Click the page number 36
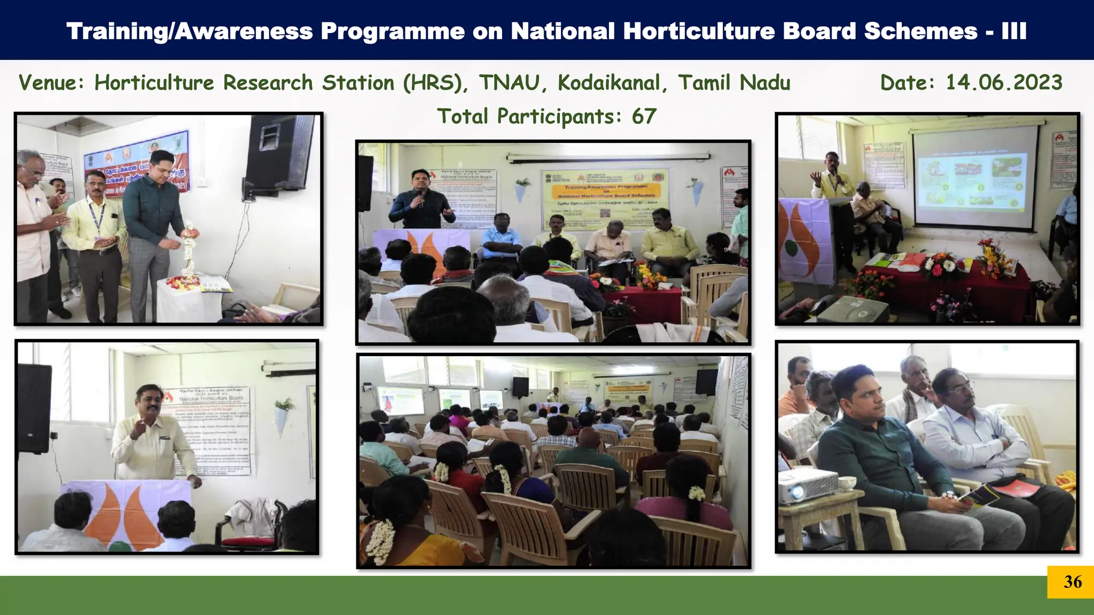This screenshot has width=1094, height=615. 1073,582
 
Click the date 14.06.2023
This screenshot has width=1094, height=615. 1004,83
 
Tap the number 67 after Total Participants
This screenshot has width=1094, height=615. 644,116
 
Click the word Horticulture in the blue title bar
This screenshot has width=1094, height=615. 699,31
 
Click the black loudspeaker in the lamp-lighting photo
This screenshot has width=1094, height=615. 278,155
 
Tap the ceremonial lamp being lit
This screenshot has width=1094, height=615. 190,251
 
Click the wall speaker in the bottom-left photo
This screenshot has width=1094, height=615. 35,408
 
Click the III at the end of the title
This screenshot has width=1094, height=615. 1013,31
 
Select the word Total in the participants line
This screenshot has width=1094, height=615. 463,116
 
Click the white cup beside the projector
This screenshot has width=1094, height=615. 846,484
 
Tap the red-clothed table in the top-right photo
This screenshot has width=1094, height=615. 962,288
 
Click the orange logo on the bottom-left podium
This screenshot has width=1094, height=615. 124,512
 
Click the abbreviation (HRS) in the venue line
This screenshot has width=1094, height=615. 435,83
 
